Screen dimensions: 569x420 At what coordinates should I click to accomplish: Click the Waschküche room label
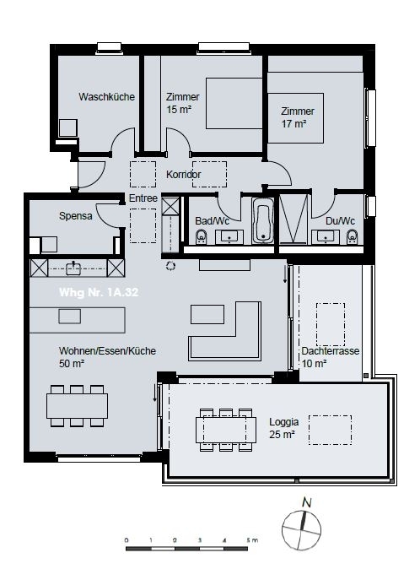tap(107, 97)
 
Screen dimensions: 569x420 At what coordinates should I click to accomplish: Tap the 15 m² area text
tap(178, 110)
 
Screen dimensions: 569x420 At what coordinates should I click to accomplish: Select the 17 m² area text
tap(293, 123)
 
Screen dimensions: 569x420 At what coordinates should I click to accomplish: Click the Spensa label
tap(75, 216)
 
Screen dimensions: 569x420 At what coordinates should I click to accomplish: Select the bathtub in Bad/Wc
tap(263, 221)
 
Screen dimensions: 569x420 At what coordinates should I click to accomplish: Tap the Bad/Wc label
tap(212, 221)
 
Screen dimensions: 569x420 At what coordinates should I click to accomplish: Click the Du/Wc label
tap(340, 221)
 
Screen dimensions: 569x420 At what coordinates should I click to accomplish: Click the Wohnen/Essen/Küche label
tap(107, 351)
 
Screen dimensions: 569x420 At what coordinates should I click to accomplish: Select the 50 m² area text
tap(71, 364)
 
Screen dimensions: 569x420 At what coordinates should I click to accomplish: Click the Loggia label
tap(283, 421)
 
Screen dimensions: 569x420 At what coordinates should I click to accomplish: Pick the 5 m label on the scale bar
tap(251, 539)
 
